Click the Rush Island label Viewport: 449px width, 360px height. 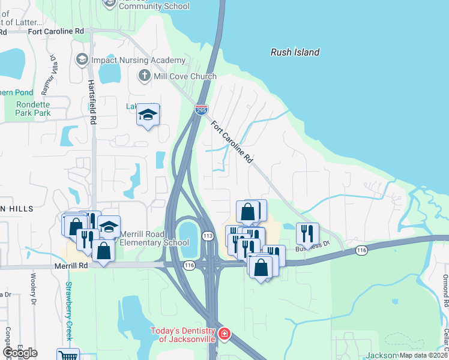coord(295,52)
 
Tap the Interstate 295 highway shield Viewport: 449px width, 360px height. coord(201,110)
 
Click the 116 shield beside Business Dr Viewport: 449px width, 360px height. coord(361,250)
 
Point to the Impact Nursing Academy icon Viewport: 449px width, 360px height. coord(82,60)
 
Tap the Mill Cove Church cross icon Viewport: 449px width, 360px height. coord(143,76)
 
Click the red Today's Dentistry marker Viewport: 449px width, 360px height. coord(224,334)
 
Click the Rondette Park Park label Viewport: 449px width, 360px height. coord(25,108)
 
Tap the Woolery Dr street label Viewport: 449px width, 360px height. coord(34,289)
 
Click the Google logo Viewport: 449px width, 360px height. coord(20,353)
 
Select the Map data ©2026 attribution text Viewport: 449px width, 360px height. coord(423,355)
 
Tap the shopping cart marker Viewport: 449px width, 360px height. coord(68,355)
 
